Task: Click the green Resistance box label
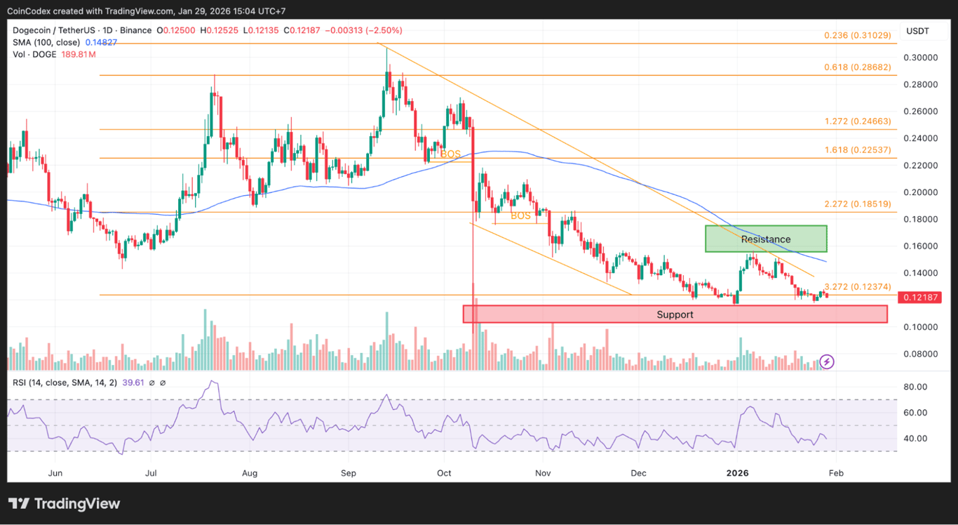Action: pyautogui.click(x=766, y=239)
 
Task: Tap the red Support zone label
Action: pyautogui.click(x=675, y=314)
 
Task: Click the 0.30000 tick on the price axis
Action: pyautogui.click(x=922, y=58)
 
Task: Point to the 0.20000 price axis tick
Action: pyautogui.click(x=922, y=192)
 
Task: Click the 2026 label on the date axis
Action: pyautogui.click(x=737, y=473)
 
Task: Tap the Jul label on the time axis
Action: pyautogui.click(x=151, y=473)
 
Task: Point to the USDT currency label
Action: pyautogui.click(x=917, y=31)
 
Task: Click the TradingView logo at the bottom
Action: pyautogui.click(x=65, y=504)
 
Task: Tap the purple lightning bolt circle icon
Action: pyautogui.click(x=827, y=361)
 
